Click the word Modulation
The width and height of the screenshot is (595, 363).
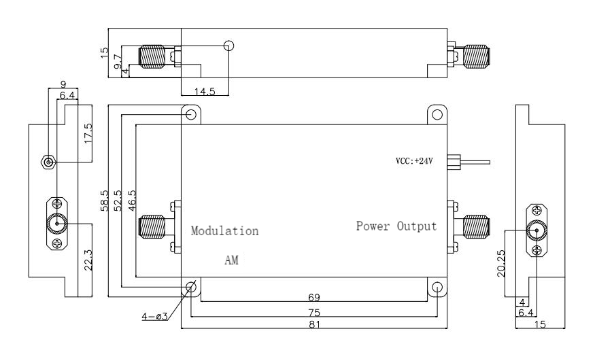click(x=224, y=230)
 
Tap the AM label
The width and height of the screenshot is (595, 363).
click(x=231, y=260)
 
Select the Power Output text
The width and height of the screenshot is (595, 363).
click(x=396, y=226)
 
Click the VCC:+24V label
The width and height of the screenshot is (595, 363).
click(x=414, y=161)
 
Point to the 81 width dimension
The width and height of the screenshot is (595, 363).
click(x=315, y=324)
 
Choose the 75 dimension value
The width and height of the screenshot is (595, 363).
click(x=315, y=313)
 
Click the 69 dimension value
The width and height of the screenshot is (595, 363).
click(x=314, y=297)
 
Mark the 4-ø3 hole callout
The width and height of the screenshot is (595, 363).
click(x=154, y=316)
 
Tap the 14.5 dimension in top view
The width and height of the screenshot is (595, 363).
click(x=205, y=91)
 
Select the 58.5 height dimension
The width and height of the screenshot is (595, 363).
click(x=104, y=201)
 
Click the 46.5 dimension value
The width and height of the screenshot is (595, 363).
click(x=132, y=201)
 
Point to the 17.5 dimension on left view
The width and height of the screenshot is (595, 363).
click(x=88, y=133)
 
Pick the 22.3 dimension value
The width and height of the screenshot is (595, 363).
click(x=88, y=260)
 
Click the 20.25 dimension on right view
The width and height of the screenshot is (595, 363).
click(x=501, y=263)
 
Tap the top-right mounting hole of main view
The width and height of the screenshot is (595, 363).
click(x=437, y=115)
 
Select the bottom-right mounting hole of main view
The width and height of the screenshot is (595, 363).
click(x=437, y=287)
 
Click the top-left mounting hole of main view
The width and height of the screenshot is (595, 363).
click(x=191, y=115)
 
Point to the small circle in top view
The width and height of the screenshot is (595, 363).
click(x=228, y=46)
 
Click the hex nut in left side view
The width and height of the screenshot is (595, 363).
click(x=48, y=162)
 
